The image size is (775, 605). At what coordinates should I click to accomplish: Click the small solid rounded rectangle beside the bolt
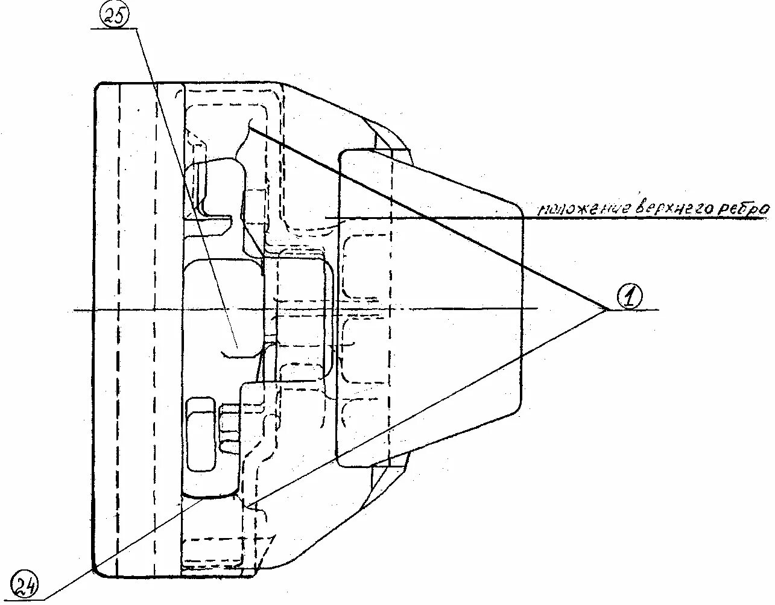pyautogui.click(x=201, y=434)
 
